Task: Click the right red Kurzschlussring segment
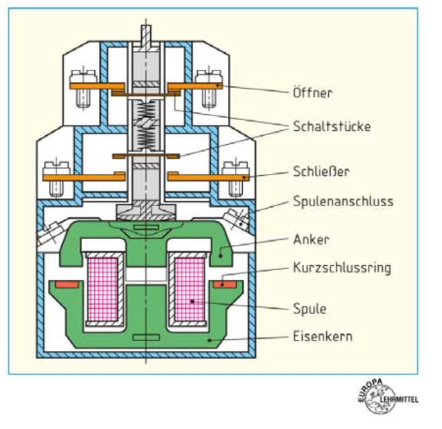click(225, 285)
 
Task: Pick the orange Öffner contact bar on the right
click(195, 85)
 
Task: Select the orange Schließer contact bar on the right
click(209, 177)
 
